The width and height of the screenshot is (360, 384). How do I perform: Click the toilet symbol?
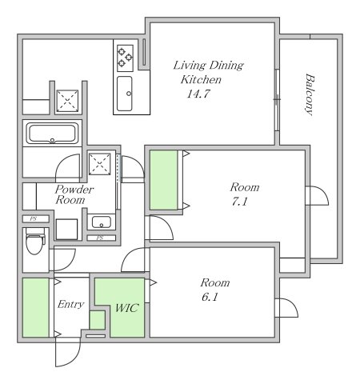pos(34,240)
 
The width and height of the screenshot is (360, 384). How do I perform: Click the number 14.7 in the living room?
pos(195,94)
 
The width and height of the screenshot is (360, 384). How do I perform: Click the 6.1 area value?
pos(214,298)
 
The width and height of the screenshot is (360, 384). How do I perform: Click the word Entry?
pos(70,305)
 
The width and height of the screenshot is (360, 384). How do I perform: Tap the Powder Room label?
pos(74,194)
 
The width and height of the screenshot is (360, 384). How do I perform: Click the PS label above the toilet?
pos(34,218)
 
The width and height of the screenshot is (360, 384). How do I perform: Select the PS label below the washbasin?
pos(100,238)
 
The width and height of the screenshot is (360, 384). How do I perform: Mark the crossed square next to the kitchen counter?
pos(68,100)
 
